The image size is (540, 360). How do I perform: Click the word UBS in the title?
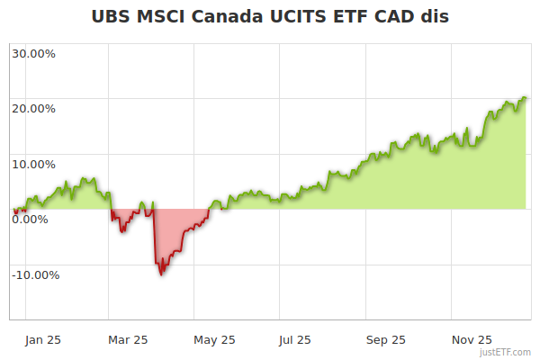click(114, 16)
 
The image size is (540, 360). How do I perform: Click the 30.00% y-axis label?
click(33, 53)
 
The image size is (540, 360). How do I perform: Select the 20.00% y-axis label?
click(33, 109)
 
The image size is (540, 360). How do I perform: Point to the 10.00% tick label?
click(33, 164)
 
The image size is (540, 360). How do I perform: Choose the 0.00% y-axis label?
click(30, 220)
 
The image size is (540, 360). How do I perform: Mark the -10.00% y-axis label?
click(35, 275)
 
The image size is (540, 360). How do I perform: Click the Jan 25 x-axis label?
click(43, 339)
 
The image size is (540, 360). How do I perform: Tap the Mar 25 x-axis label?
click(128, 339)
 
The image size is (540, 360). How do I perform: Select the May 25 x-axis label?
click(214, 339)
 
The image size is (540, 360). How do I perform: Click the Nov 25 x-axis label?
click(471, 339)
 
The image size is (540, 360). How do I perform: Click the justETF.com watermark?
click(506, 352)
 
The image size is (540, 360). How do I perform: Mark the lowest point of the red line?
click(160, 274)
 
